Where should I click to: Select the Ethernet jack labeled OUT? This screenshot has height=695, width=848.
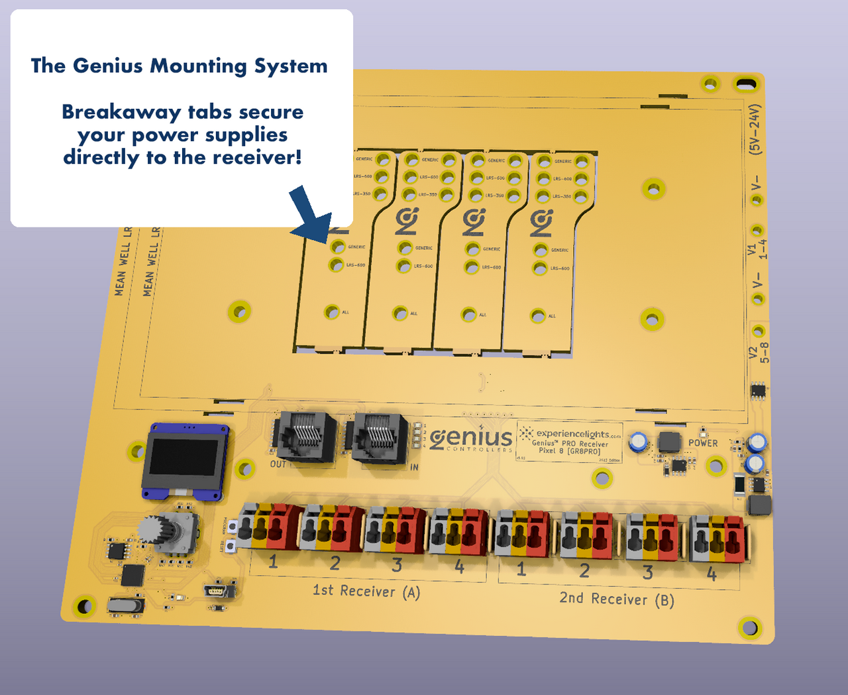pyautogui.click(x=307, y=436)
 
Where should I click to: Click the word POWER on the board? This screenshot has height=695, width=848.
pyautogui.click(x=703, y=443)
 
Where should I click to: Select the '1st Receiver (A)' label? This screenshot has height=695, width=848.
pyautogui.click(x=366, y=591)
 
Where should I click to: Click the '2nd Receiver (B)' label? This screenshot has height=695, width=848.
pyautogui.click(x=617, y=599)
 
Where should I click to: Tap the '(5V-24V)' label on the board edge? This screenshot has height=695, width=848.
pyautogui.click(x=755, y=129)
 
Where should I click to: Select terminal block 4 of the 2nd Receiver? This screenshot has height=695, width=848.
pyautogui.click(x=717, y=539)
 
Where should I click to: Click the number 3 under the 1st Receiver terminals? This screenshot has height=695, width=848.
pyautogui.click(x=397, y=565)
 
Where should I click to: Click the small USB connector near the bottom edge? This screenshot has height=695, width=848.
pyautogui.click(x=217, y=590)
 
